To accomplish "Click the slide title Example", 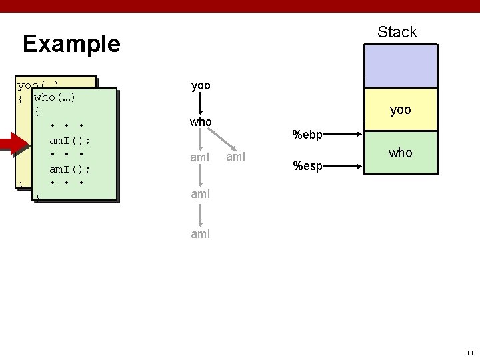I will click(71, 44).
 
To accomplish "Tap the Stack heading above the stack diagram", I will click(397, 32).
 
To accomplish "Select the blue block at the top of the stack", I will click(400, 66).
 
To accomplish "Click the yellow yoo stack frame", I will click(400, 110).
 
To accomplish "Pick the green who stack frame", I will click(400, 153).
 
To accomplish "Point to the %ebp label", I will click(307, 135).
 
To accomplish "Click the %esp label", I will click(307, 165).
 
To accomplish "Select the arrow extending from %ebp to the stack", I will click(344, 133).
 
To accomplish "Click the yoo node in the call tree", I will click(201, 86).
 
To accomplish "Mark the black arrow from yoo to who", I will click(201, 105).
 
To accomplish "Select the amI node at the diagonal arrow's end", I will click(236, 158).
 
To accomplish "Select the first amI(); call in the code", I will click(69, 141).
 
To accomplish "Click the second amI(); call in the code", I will click(69, 169).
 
